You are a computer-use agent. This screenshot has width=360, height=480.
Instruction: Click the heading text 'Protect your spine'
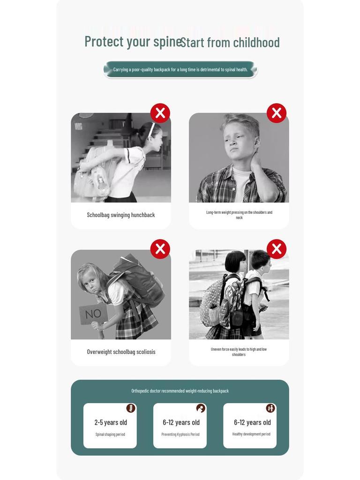tap(133, 42)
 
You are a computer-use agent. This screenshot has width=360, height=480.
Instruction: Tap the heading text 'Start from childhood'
tap(230, 42)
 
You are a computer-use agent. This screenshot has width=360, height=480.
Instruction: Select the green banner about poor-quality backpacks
tap(180, 69)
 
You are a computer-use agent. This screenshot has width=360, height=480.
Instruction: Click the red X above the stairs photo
tap(160, 113)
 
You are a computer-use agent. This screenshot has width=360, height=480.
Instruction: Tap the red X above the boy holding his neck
tap(277, 113)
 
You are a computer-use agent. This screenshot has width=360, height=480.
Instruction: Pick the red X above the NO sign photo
tap(160, 249)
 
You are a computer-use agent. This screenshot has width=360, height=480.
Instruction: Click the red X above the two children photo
tap(277, 249)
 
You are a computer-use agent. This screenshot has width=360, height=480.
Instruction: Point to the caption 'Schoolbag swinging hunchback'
tap(121, 215)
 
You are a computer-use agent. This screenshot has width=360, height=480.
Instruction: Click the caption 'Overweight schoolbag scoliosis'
tap(121, 352)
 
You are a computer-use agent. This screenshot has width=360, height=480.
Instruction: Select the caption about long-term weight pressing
tap(239, 215)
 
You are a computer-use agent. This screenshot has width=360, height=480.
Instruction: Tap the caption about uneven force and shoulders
tap(239, 352)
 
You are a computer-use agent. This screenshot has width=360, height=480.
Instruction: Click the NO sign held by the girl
tap(93, 314)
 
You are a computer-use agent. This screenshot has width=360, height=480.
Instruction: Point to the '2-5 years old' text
tap(111, 422)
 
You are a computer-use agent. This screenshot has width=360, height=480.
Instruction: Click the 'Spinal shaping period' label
tap(110, 435)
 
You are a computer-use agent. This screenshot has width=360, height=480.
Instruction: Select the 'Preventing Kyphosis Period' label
tap(180, 435)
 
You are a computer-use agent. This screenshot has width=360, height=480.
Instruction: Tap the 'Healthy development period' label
tap(251, 434)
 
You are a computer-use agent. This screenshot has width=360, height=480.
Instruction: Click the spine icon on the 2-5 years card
tap(131, 408)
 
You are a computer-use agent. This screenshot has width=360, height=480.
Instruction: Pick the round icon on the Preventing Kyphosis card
tap(201, 408)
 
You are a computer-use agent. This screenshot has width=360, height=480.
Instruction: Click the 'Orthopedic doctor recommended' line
tap(180, 391)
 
